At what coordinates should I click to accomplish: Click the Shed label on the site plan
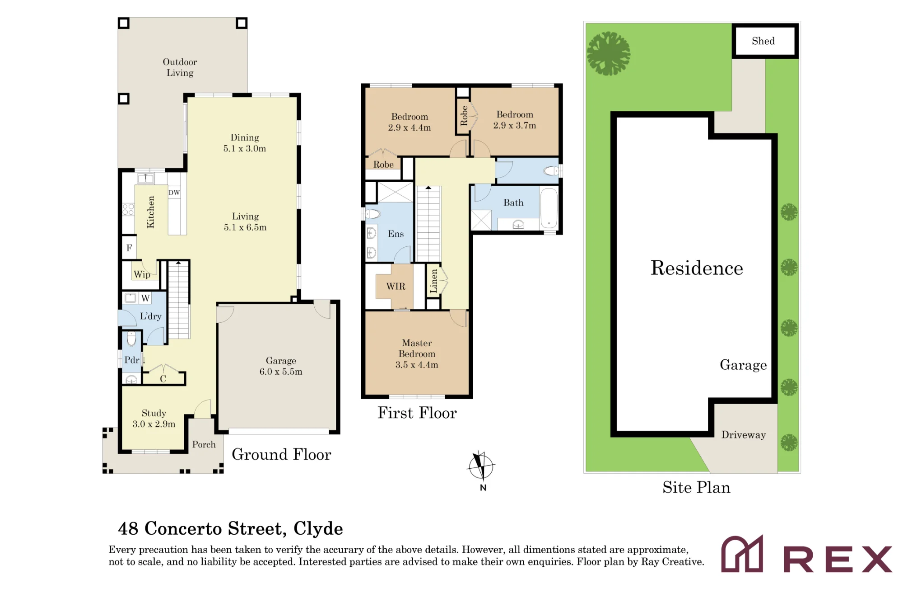pos(763,41)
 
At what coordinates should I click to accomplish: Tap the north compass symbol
pos(481,466)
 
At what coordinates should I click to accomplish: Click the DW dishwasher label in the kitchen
pos(174,193)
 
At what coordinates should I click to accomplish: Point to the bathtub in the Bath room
pos(549,207)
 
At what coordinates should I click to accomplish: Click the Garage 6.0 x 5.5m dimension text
pos(281,372)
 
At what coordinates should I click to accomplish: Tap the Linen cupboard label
pos(433,281)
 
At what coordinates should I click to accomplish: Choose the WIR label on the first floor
pos(396,286)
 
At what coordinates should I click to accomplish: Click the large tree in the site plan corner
pos(608,53)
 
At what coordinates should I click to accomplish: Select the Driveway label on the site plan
pos(744,435)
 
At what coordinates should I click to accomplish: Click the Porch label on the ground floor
pos(204,444)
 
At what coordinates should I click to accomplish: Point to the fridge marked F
pos(129,248)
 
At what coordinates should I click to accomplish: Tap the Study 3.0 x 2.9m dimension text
pos(154,424)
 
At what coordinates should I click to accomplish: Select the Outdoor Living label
pos(180,67)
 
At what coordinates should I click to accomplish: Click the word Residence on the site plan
pos(697,268)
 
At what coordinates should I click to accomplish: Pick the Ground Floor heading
pos(281,454)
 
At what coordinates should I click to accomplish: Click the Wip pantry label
pos(142,274)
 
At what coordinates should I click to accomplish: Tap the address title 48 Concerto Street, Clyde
pos(230,528)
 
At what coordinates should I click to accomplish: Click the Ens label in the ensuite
pos(396,234)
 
